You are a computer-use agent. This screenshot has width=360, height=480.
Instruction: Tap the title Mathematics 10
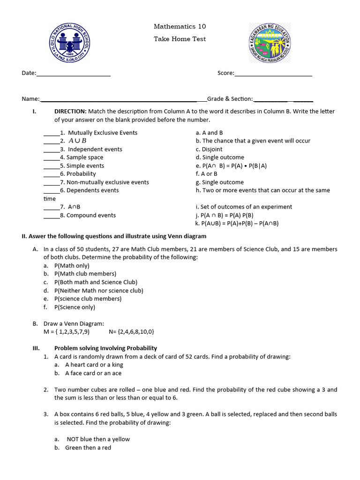point(180,26)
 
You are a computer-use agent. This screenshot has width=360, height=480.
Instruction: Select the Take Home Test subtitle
point(180,39)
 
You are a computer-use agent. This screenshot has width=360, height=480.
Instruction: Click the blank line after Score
point(273,73)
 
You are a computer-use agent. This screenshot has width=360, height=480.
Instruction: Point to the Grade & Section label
point(230,99)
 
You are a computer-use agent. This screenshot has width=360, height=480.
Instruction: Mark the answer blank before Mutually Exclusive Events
point(52,133)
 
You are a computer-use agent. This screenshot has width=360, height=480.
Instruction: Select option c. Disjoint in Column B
point(209,149)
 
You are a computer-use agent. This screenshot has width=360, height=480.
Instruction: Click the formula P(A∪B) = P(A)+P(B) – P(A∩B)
point(237,224)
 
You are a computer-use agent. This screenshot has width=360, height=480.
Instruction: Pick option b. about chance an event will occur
point(253,141)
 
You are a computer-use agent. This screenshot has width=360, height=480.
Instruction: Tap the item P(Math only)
point(72,265)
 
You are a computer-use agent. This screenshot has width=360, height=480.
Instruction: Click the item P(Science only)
point(75,307)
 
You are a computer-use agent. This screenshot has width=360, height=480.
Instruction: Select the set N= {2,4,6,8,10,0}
point(131,332)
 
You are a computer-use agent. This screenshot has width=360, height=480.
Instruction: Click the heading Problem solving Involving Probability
point(105,348)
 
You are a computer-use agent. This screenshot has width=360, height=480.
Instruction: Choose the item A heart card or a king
point(94,365)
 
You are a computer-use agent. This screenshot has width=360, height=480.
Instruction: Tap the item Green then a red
point(88,448)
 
